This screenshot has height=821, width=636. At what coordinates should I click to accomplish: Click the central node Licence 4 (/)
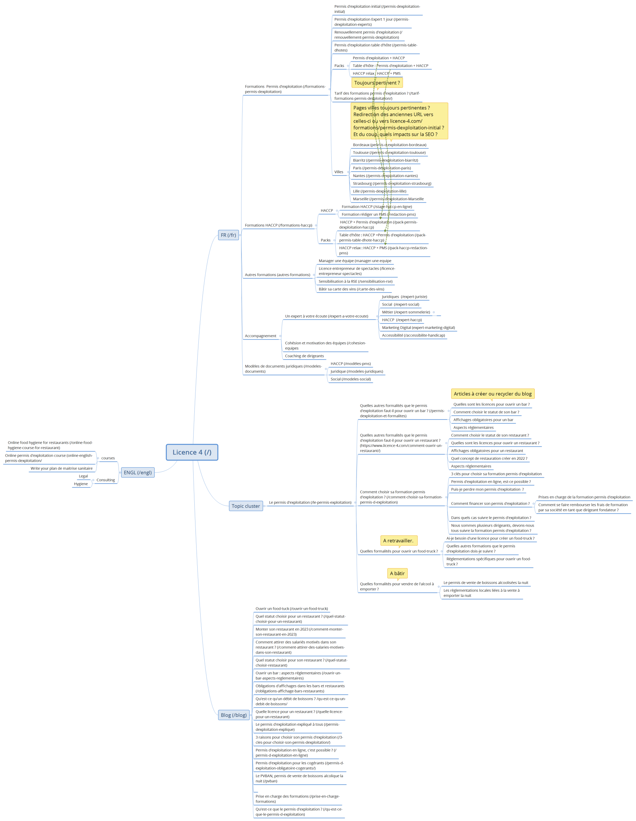192,452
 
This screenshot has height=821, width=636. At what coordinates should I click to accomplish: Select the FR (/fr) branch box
228,235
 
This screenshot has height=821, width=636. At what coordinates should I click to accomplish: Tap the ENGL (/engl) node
138,473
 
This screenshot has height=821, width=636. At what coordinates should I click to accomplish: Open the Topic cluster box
245,506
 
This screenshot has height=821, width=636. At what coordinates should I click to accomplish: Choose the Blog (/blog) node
233,715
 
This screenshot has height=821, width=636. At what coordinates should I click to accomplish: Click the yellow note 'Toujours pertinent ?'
377,83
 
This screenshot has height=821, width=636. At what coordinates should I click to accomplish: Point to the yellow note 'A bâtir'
397,573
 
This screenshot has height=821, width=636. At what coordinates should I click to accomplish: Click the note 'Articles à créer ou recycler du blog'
492,394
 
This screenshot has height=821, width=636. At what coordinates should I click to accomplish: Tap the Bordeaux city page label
389,145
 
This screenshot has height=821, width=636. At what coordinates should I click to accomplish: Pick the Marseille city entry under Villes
388,199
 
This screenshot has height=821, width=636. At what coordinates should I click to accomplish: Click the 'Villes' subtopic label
339,172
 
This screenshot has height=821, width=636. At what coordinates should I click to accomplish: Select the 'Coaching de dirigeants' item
304,356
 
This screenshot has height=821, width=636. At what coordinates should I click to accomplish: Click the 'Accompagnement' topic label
260,336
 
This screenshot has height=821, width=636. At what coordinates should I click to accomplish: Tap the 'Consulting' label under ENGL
106,480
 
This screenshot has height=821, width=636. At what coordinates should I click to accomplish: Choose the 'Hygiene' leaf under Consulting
81,484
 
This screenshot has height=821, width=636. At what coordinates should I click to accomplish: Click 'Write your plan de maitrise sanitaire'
61,468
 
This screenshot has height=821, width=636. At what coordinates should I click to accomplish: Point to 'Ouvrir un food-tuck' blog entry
291,609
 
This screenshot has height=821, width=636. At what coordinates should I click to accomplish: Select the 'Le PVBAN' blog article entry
299,779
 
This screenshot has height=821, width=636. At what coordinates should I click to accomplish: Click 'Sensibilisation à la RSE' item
355,282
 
